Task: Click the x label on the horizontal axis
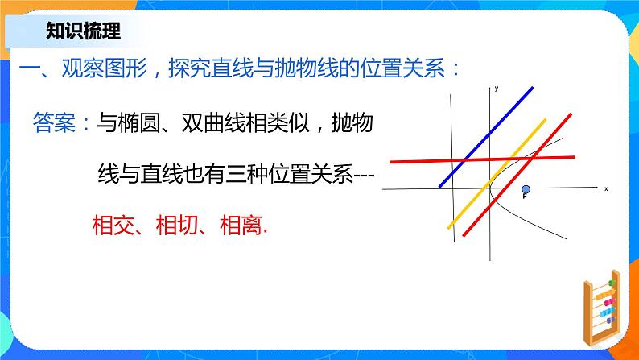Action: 605,188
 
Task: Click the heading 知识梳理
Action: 83,31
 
